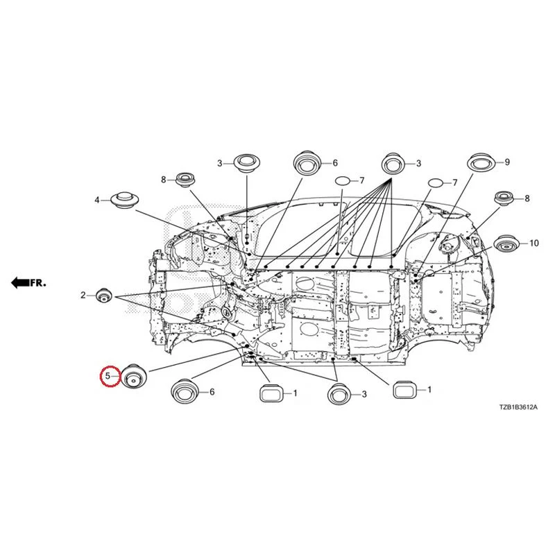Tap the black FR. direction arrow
click(20, 282)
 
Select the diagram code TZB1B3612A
click(518, 407)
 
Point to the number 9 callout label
click(507, 162)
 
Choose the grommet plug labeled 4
click(124, 200)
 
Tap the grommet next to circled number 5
click(135, 377)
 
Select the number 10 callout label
click(533, 244)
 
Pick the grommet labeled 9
click(481, 162)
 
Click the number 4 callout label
click(96, 200)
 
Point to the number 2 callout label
click(83, 295)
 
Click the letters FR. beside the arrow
click(38, 283)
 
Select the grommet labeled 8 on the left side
click(186, 180)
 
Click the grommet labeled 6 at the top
click(307, 163)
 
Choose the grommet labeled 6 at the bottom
click(185, 391)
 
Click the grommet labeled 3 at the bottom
click(340, 394)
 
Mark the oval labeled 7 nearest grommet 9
click(436, 183)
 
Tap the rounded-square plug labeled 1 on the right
click(404, 390)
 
